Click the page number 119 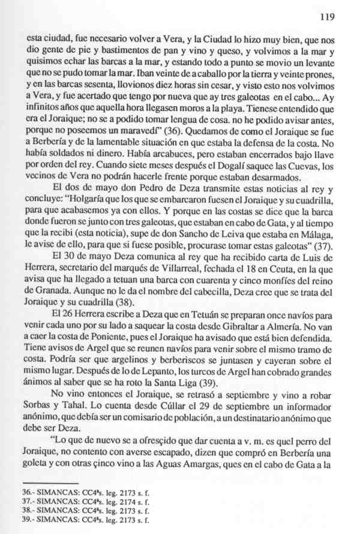click(x=326, y=17)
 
